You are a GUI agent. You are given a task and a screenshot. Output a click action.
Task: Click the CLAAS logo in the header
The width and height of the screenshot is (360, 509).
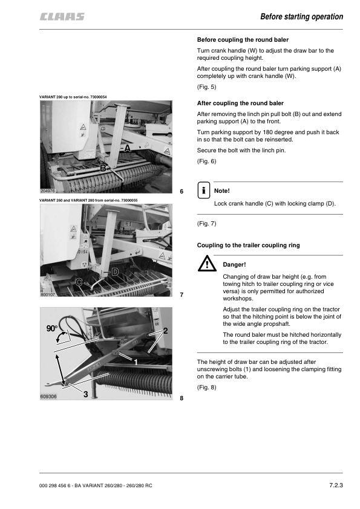[62, 16]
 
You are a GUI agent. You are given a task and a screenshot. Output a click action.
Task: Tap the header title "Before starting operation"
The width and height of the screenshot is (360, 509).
[301, 16]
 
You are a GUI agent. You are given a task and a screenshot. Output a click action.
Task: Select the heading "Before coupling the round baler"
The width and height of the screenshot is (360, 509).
[243, 40]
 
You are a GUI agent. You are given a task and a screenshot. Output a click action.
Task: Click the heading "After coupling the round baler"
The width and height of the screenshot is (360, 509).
[240, 103]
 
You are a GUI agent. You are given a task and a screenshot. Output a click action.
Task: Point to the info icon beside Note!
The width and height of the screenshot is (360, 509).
[204, 190]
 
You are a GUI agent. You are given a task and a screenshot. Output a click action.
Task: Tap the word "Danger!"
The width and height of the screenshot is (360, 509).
[234, 265]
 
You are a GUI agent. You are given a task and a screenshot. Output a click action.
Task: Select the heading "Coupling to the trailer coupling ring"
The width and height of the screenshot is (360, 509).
[248, 245]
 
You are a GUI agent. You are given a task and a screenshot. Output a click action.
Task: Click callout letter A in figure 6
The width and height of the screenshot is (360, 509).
[128, 148]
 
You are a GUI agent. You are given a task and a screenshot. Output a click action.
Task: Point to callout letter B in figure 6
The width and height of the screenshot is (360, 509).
[103, 168]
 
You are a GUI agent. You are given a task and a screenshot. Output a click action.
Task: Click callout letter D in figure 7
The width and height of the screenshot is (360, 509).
[116, 271]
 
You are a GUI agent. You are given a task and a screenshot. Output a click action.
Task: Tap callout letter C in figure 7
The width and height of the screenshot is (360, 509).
[79, 282]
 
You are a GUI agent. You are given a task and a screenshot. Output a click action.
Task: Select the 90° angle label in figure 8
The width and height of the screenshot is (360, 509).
[51, 328]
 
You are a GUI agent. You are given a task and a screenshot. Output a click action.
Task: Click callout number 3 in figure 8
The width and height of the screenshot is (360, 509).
[86, 394]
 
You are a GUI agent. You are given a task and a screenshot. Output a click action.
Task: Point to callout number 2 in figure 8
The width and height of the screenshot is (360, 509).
[165, 331]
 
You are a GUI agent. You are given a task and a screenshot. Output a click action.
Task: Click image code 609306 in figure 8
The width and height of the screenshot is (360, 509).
[48, 397]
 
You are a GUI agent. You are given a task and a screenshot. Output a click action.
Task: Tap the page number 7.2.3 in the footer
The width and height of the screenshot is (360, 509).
[336, 485]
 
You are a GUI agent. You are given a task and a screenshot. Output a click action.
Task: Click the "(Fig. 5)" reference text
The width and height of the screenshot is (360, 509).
[206, 87]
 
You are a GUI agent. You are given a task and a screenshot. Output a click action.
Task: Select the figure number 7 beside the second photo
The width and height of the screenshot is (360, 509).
[182, 295]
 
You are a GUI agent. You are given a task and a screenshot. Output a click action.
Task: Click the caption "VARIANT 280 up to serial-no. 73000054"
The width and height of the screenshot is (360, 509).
[73, 97]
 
